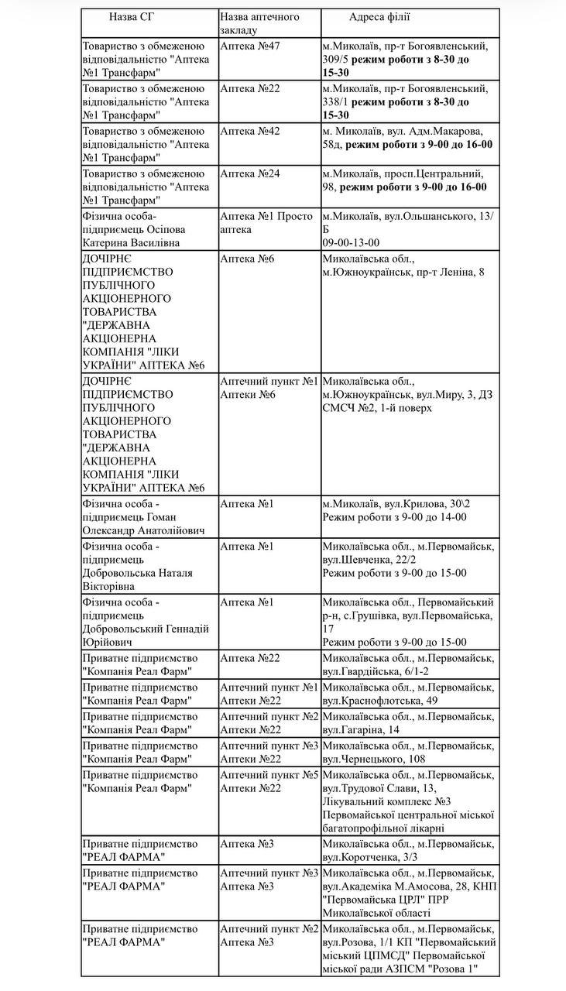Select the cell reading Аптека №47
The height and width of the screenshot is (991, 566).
point(250,46)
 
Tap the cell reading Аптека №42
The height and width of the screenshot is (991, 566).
point(250,130)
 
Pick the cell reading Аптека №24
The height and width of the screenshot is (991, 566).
point(250,173)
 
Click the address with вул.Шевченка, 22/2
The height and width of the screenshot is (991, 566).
point(407,560)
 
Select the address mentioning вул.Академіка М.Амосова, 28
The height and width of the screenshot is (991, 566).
point(408,893)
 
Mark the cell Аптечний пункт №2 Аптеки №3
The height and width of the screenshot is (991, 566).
point(269,935)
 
